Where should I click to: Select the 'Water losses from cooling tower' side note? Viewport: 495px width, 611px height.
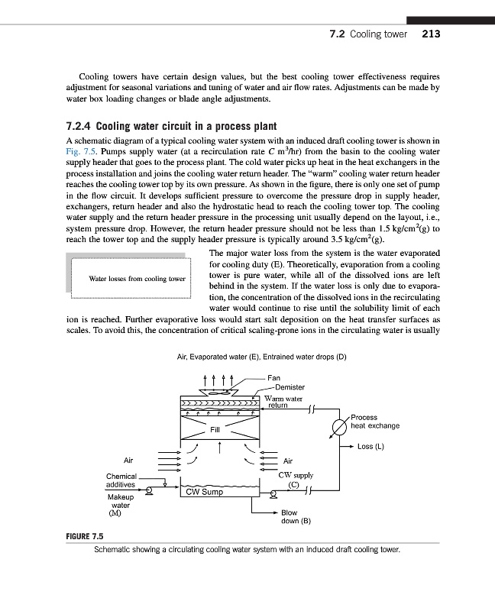tap(137, 279)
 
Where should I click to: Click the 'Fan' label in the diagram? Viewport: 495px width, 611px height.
tap(274, 377)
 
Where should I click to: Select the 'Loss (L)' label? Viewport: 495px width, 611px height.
tap(370, 446)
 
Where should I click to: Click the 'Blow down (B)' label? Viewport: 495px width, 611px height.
tap(294, 518)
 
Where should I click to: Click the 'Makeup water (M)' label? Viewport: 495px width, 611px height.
tap(121, 505)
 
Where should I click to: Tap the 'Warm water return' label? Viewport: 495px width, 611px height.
tap(283, 402)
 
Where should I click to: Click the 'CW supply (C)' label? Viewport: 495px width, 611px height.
tap(293, 479)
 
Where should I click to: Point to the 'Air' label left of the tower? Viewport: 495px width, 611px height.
tap(128, 460)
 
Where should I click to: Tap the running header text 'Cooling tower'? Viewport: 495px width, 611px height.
tap(379, 34)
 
